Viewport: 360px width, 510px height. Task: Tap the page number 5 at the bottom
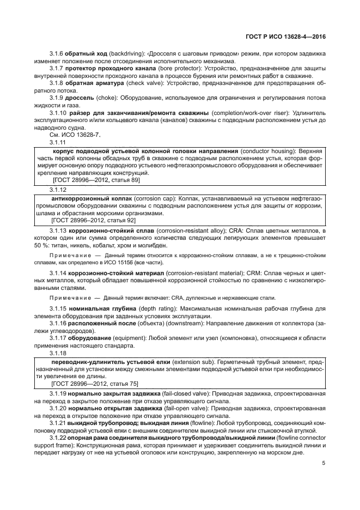click(324, 464)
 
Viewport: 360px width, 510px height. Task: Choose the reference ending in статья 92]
click(94, 221)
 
